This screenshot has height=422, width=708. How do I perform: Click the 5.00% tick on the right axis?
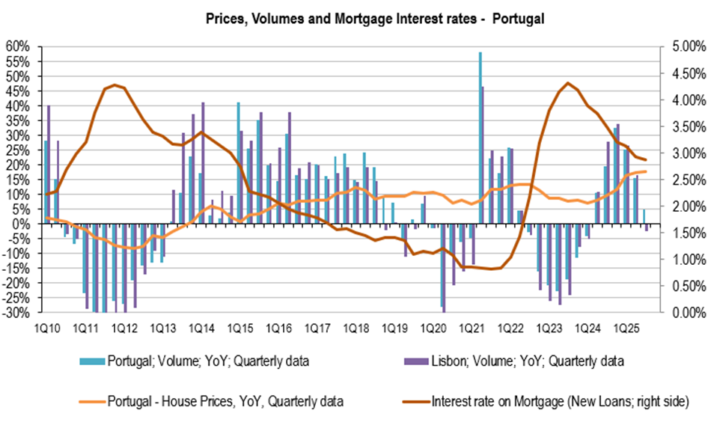click(681, 46)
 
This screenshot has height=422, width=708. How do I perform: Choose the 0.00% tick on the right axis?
click(681, 313)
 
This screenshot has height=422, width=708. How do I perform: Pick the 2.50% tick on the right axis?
click(681, 180)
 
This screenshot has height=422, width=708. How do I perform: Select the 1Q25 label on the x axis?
click(626, 328)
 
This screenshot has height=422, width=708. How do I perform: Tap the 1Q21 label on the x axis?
click(471, 328)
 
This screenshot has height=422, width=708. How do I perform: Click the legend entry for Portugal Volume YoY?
click(208, 361)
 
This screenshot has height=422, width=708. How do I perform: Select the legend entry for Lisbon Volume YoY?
click(526, 361)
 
